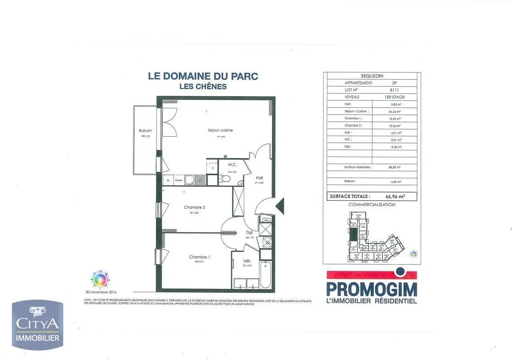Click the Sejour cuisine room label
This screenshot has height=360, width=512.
click(x=220, y=130)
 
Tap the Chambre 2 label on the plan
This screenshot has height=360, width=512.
click(x=195, y=207)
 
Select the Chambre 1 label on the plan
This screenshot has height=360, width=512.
click(x=200, y=257)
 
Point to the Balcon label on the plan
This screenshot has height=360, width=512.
click(x=145, y=131)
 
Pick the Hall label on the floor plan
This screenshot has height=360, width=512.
click(x=260, y=177)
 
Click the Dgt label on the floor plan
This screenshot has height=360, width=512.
click(x=249, y=232)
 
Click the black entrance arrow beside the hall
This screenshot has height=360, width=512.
click(x=279, y=205)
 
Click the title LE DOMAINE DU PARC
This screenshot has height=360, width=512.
click(x=203, y=76)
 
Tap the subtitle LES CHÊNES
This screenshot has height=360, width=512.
click(x=203, y=86)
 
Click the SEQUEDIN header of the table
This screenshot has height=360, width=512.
click(x=372, y=76)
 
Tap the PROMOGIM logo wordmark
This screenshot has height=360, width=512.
click(x=372, y=289)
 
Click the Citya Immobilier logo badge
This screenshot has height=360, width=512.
click(x=38, y=325)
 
